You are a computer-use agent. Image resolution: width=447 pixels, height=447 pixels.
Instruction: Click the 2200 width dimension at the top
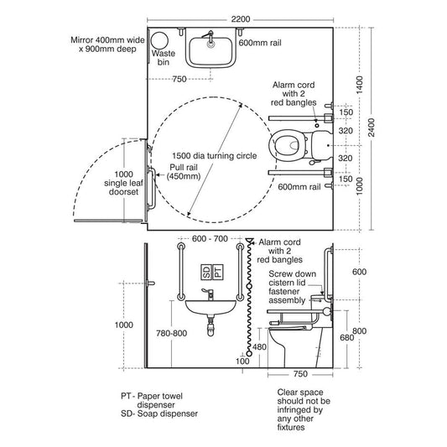tap(241, 19)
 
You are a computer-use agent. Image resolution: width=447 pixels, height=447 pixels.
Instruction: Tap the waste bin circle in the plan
tap(159, 40)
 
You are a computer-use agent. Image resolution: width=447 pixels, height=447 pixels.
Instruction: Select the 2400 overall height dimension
tap(372, 127)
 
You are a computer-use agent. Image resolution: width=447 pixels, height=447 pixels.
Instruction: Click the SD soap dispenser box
tap(206, 272)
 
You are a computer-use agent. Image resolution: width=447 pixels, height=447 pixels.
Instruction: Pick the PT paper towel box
tap(218, 272)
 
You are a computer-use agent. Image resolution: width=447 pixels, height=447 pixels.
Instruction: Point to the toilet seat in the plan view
tap(287, 146)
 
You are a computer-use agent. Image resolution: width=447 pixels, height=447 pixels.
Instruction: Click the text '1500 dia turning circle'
tap(215, 156)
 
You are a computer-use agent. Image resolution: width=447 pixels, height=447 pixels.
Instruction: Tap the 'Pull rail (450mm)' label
tap(184, 172)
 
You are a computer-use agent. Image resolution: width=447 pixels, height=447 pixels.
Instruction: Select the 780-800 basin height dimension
tap(171, 333)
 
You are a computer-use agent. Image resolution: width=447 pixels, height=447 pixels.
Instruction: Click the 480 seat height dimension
tap(259, 346)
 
